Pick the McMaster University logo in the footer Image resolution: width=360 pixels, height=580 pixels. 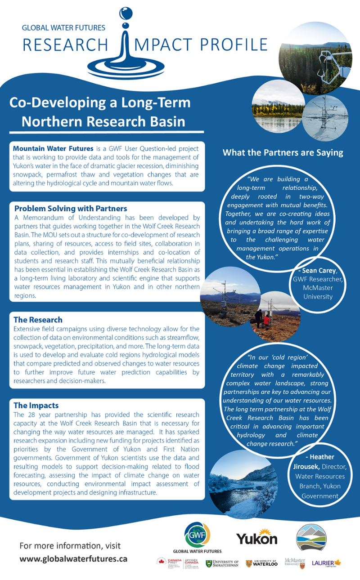tap(295, 562)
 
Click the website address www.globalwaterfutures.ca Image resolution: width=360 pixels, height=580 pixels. tap(73, 559)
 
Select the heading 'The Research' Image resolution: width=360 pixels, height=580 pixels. tap(38, 320)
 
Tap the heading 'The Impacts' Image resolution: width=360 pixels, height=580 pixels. tap(36, 405)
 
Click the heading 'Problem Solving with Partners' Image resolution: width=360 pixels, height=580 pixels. tap(71, 209)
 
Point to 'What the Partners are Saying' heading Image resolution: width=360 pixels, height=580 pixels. tap(283, 152)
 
